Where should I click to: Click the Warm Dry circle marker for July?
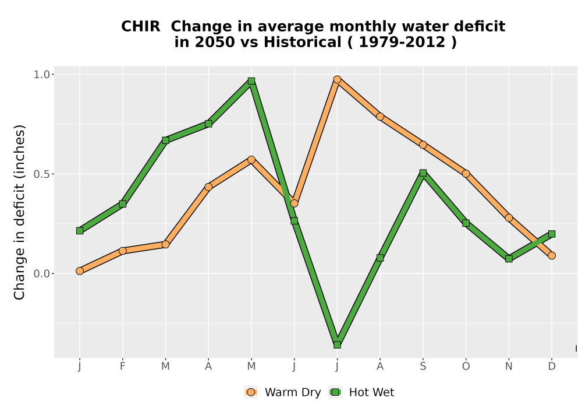337,79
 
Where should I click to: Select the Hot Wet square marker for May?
251,81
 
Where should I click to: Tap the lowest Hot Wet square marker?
337,345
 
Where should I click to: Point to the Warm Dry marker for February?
122,251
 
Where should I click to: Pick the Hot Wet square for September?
423,173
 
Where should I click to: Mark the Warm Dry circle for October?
466,174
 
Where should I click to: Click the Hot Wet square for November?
509,259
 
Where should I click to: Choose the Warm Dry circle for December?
552,255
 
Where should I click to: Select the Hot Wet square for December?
552,234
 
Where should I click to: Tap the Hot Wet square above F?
122,203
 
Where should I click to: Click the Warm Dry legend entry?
283,392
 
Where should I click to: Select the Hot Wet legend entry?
361,392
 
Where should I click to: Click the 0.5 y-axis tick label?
41,174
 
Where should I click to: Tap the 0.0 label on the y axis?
41,274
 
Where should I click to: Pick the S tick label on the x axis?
423,367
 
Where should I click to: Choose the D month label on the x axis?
552,367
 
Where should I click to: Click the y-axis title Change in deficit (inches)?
19,212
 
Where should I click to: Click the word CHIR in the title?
141,27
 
